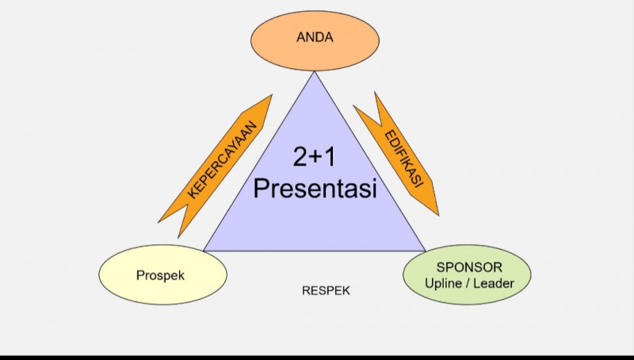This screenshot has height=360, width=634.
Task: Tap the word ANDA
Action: pos(314,36)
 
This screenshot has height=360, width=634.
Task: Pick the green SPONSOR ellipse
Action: pos(467,275)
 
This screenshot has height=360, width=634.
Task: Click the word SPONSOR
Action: pos(468,266)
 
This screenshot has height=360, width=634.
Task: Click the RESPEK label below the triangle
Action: pos(326,291)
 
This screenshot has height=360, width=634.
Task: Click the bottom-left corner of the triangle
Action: pos(204,251)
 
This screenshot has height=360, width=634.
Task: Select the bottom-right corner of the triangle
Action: pos(426,251)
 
